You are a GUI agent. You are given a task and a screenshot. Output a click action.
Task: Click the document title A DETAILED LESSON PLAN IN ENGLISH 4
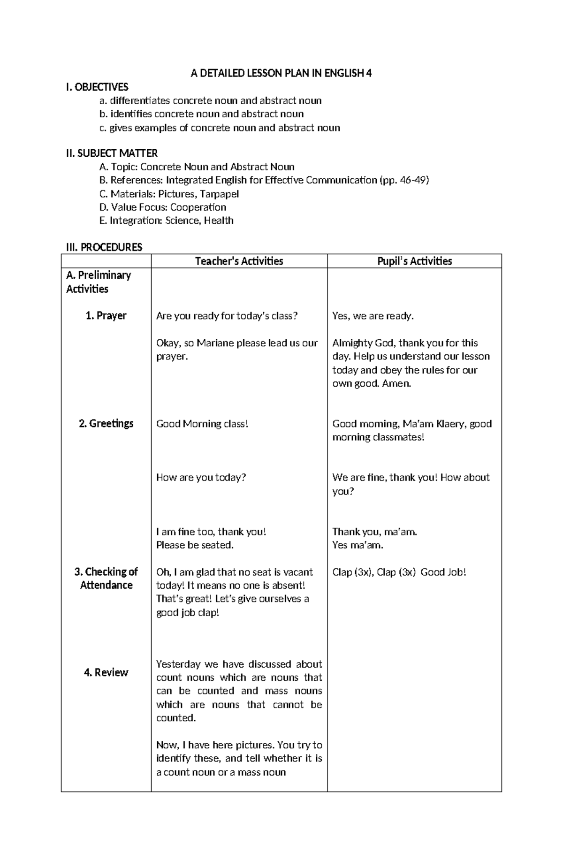[x=281, y=73]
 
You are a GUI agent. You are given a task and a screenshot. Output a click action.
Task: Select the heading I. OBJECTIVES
[x=97, y=87]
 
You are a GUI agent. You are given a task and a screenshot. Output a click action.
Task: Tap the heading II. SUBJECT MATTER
[x=112, y=153]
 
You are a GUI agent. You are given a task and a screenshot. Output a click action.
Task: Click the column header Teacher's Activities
[x=239, y=261]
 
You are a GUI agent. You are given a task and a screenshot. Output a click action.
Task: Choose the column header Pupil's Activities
[x=414, y=261]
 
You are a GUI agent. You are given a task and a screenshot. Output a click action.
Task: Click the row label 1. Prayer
[x=106, y=316]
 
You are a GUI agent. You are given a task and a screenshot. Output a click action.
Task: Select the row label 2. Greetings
[x=106, y=424]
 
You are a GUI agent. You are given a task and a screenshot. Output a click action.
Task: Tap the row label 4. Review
[x=106, y=673]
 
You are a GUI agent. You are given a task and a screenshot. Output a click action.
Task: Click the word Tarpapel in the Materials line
[x=220, y=194]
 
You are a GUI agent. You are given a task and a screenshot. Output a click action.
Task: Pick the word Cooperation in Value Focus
[x=198, y=207]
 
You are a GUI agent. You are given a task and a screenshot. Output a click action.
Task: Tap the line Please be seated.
[x=195, y=545]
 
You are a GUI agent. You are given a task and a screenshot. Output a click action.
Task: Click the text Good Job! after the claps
[x=443, y=572]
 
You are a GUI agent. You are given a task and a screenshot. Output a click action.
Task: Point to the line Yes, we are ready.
[x=373, y=316]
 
